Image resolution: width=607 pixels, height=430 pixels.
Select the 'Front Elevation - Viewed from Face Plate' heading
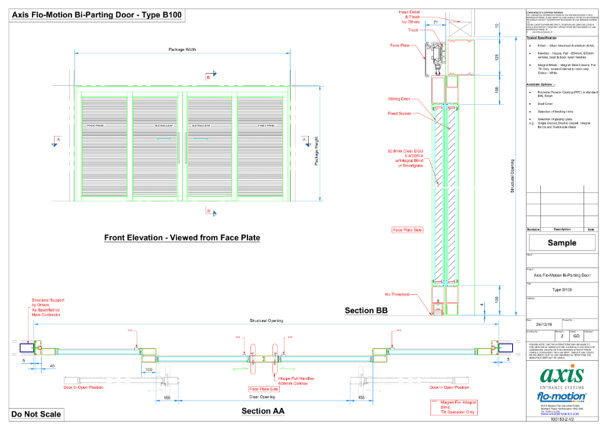(182, 238)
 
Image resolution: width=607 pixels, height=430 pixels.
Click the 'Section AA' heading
(263, 411)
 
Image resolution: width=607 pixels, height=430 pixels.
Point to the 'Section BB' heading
(366, 311)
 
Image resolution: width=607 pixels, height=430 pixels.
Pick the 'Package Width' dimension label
(182, 49)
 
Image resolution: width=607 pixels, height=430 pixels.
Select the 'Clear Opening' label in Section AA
(262, 397)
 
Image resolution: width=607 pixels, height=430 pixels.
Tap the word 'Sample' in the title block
(561, 242)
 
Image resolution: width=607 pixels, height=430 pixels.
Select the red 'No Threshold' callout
(398, 294)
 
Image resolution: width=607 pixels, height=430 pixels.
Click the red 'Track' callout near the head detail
(413, 30)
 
